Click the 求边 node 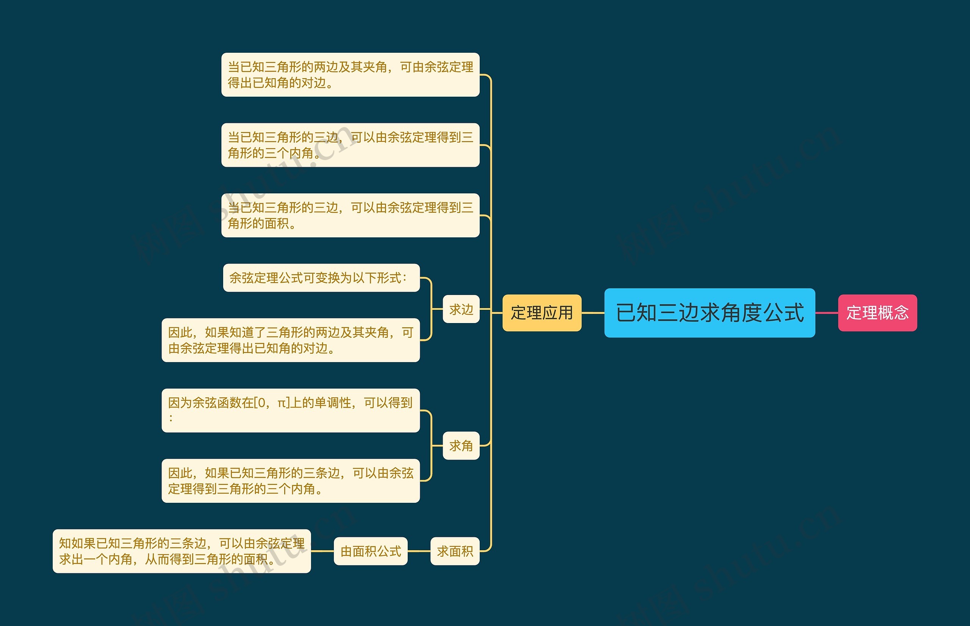[x=461, y=309]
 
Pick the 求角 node [x=461, y=446]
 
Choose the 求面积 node [x=455, y=551]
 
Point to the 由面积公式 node [x=371, y=551]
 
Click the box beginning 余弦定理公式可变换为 [x=321, y=278]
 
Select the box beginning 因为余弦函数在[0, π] [x=290, y=410]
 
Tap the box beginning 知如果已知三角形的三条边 [x=181, y=551]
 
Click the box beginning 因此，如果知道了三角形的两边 [x=290, y=340]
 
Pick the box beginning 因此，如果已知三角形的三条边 [x=290, y=480]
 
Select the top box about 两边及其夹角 [x=350, y=74]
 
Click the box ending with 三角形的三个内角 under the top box [x=350, y=145]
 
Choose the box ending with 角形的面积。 [x=350, y=215]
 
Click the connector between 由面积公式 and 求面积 [x=419, y=551]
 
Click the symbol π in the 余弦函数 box [x=282, y=403]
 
